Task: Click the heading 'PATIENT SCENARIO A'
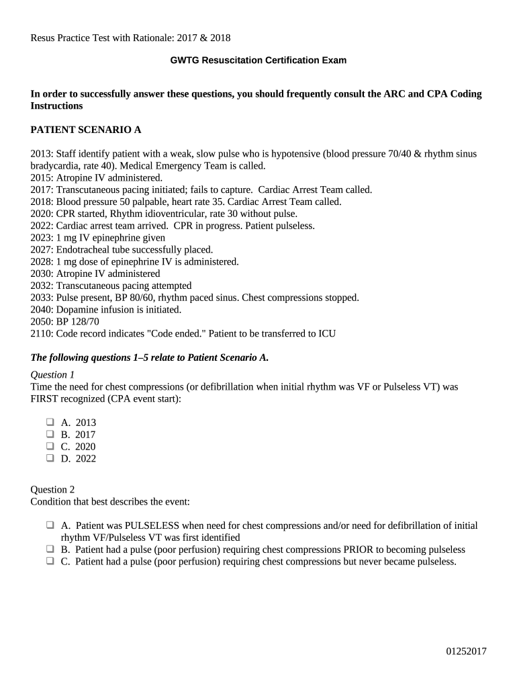pos(86,130)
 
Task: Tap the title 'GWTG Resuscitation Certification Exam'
pos(258,60)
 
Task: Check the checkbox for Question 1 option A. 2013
pos(50,423)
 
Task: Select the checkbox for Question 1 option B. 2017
pos(50,435)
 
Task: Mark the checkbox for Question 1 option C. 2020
pos(50,447)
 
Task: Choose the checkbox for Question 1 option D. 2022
pos(50,459)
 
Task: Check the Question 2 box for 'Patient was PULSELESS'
pos(50,525)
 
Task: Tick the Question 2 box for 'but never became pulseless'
pos(50,562)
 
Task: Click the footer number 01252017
pos(467,651)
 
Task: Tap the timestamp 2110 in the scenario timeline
pos(41,334)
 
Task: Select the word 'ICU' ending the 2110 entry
pos(326,334)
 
